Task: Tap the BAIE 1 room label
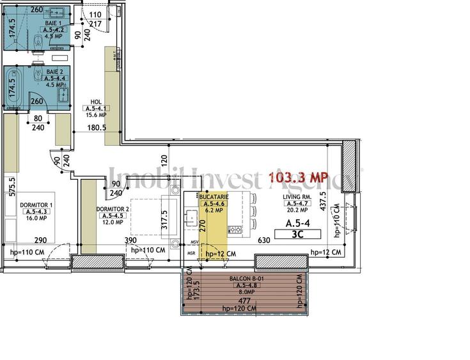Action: tap(53, 22)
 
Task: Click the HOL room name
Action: tap(96, 102)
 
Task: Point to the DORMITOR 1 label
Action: tap(36, 205)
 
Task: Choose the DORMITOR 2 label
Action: tap(113, 209)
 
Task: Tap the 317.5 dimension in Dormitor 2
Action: tap(164, 219)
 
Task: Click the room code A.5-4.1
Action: tap(96, 109)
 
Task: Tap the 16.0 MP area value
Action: tap(36, 218)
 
